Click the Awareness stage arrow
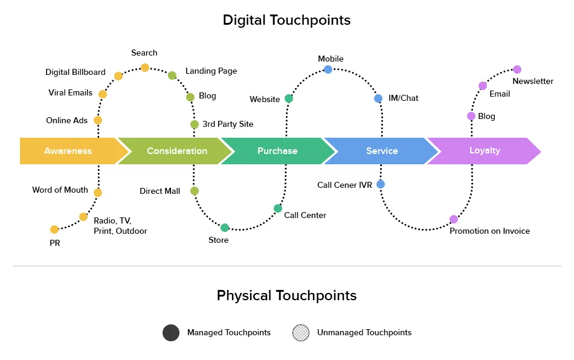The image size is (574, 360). point(68,151)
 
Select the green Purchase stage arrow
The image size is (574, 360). point(277,151)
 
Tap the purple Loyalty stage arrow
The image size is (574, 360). point(485,150)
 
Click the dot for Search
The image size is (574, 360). point(145,68)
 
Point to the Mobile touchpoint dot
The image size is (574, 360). point(328,69)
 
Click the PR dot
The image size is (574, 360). point(54,230)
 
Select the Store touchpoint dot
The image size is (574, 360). point(225,228)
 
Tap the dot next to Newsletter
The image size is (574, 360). point(517,69)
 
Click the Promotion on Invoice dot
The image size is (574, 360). point(454,219)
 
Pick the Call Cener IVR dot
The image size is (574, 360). point(381,184)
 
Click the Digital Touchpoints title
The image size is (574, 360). point(286,20)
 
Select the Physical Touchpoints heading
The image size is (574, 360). point(286,295)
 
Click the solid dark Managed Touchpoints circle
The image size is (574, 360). point(171,333)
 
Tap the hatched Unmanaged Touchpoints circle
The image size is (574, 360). point(301,333)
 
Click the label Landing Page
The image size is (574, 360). point(211,71)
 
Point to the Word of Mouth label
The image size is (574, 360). point(60,190)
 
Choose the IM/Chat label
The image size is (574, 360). point(403,98)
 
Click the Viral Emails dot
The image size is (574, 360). point(103,94)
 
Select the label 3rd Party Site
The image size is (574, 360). point(228,124)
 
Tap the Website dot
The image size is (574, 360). point(289,98)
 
